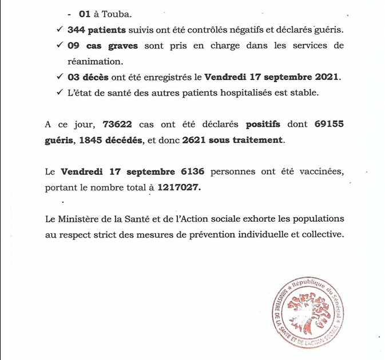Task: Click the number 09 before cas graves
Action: pos(74,46)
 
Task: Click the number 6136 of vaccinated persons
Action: pos(197,171)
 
